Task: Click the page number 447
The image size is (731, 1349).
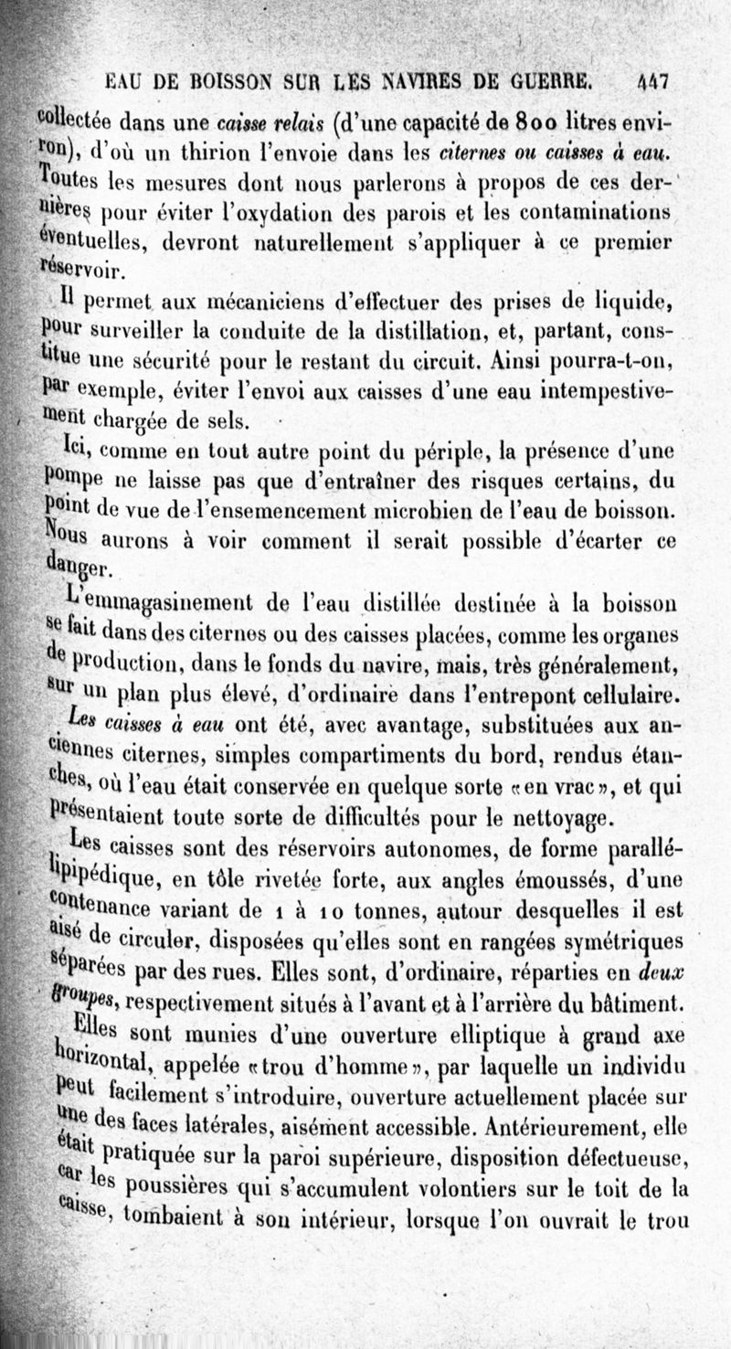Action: pyautogui.click(x=654, y=82)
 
